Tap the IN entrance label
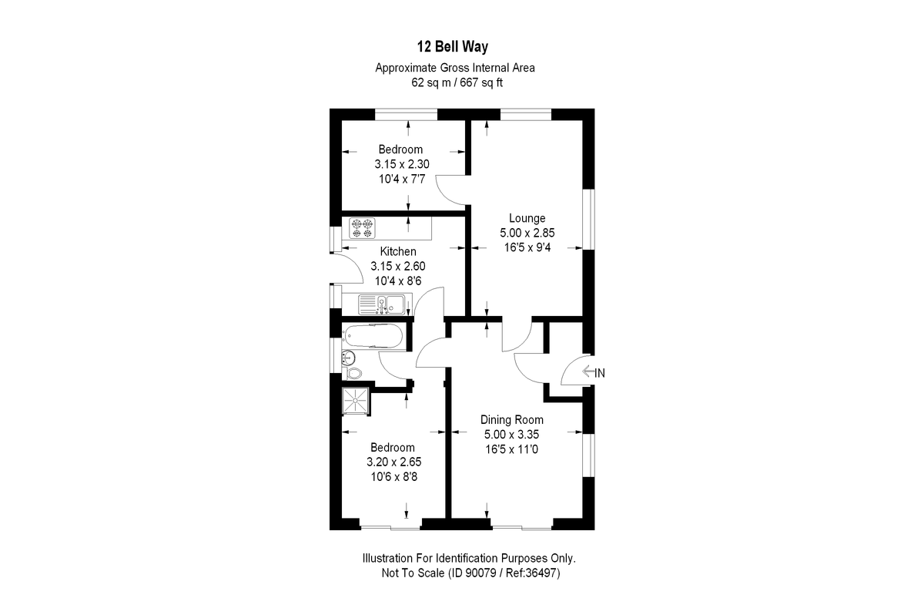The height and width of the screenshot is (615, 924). click(x=601, y=373)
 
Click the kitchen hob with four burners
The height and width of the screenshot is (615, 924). click(x=362, y=229)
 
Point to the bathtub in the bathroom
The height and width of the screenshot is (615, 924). click(x=373, y=336)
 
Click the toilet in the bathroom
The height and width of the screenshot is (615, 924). click(x=353, y=372)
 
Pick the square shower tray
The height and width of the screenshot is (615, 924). click(x=357, y=399)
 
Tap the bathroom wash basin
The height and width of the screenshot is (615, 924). click(x=348, y=355)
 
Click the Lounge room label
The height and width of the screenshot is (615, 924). click(x=527, y=218)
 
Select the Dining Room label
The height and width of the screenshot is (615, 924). click(x=512, y=420)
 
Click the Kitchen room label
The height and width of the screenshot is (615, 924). click(x=398, y=251)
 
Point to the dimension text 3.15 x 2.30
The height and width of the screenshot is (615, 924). click(x=401, y=163)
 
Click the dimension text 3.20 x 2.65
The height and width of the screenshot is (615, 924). click(x=393, y=462)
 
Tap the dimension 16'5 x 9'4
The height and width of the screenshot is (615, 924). click(x=527, y=247)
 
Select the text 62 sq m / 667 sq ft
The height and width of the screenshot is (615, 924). click(x=454, y=82)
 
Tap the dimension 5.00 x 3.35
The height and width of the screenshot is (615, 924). click(x=512, y=434)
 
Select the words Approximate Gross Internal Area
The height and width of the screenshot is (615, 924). click(x=454, y=68)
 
